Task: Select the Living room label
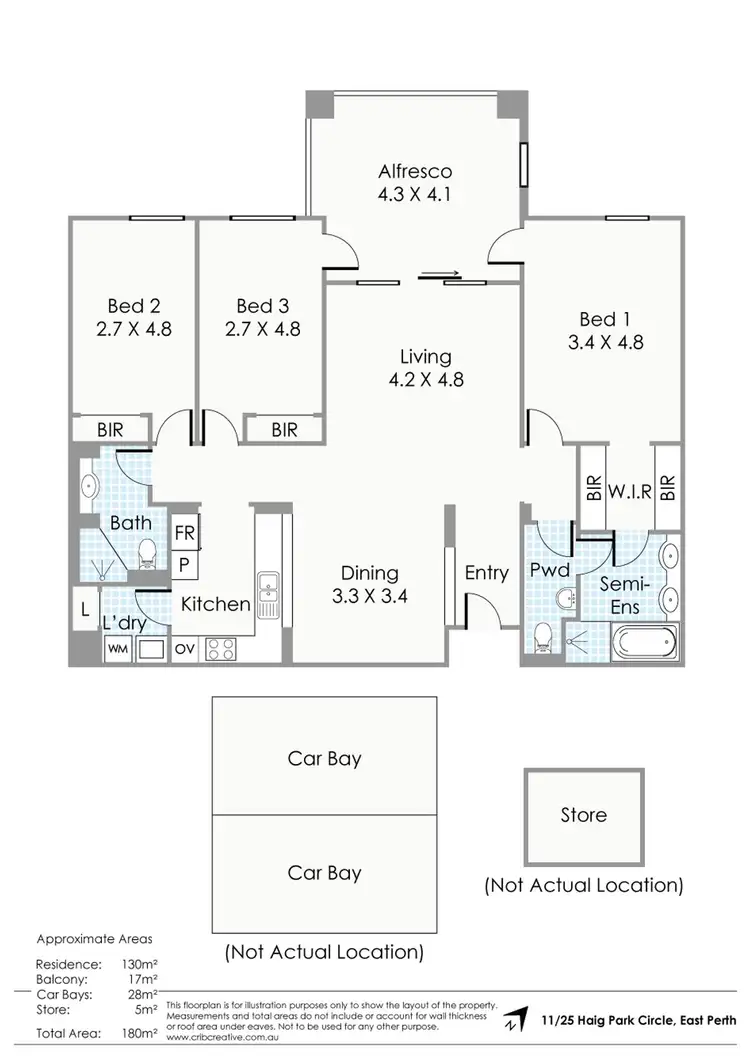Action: coord(426,356)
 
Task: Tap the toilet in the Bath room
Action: coord(147,551)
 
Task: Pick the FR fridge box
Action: coord(185,533)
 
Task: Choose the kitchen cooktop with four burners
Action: coord(221,648)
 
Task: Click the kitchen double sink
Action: coord(268,594)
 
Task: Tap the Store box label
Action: coord(583,815)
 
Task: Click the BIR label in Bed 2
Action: coord(110,429)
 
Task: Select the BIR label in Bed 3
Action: coord(284,430)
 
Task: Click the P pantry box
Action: coord(185,564)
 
